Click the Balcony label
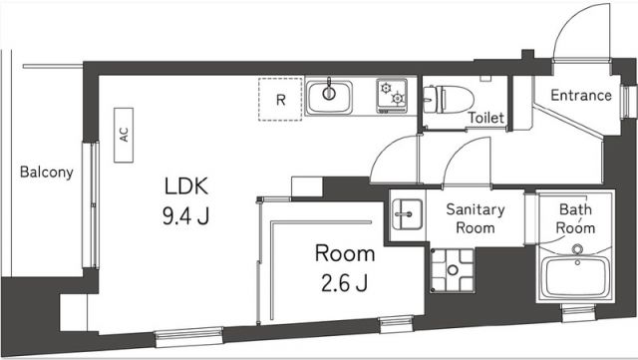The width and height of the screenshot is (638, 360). coord(46,173)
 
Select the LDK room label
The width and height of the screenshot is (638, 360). coord(187,185)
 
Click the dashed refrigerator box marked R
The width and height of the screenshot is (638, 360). coord(280,100)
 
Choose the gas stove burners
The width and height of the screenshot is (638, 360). coord(392,96)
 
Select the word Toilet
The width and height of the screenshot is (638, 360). coord(486,119)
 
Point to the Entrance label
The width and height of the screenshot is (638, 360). coord(582,96)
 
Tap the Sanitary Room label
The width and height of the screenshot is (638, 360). coord(476,218)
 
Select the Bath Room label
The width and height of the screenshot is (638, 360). coord(575,218)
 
